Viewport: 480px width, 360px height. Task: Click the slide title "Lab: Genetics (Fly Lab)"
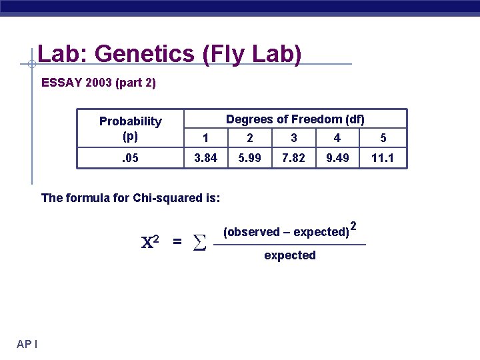(169, 53)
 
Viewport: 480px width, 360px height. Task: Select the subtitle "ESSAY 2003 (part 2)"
(99, 83)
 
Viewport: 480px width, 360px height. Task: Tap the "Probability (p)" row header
(131, 129)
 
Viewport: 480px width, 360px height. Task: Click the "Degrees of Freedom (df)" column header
(295, 119)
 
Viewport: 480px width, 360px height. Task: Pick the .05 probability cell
(131, 158)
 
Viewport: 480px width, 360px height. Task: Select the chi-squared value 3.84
(205, 158)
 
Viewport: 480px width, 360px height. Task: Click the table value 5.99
(249, 158)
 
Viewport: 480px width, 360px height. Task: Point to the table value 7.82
(293, 158)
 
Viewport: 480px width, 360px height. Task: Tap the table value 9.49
(337, 158)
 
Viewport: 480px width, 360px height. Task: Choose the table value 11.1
(383, 158)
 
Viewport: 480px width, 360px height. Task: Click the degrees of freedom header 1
(205, 138)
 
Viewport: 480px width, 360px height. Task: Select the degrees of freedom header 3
(293, 138)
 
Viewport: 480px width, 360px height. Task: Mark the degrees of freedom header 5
(383, 138)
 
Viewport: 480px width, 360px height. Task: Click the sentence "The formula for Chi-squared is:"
(131, 197)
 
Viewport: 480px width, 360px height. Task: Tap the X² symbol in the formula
(150, 241)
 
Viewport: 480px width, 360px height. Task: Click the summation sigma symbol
(198, 243)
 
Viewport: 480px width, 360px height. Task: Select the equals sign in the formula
(177, 242)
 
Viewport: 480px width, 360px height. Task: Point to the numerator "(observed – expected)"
(286, 232)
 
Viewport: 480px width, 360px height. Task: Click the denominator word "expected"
(290, 255)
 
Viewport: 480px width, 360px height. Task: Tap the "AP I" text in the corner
(27, 344)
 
